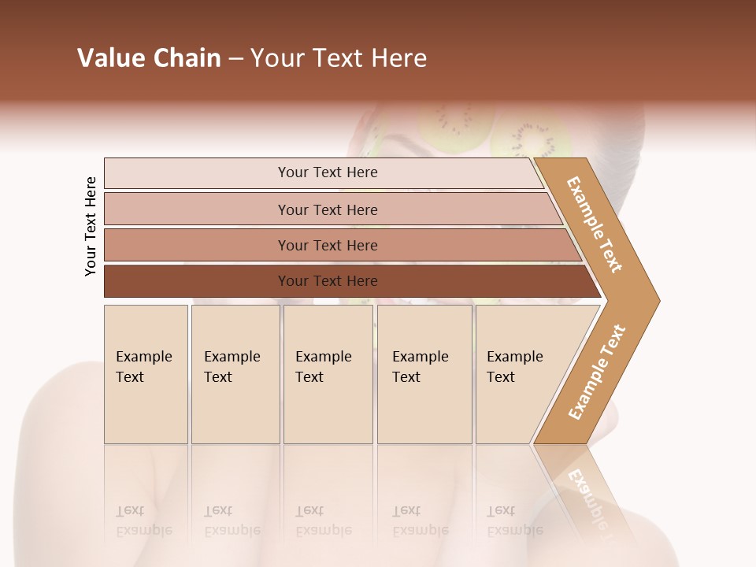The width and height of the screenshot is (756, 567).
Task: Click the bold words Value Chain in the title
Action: (x=149, y=58)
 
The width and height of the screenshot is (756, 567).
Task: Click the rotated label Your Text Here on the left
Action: (x=91, y=226)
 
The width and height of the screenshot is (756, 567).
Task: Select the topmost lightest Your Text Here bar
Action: (x=327, y=172)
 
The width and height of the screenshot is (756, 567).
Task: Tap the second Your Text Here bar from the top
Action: (x=327, y=209)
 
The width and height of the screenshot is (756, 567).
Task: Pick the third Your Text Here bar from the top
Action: (x=327, y=245)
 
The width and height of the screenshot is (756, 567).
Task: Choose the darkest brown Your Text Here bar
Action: (x=327, y=281)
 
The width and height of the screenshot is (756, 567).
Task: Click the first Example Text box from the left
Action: (x=146, y=374)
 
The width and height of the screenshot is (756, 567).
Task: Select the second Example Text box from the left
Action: (x=235, y=374)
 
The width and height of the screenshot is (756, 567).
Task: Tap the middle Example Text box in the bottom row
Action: (x=328, y=374)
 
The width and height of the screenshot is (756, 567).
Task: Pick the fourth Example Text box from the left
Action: (x=424, y=374)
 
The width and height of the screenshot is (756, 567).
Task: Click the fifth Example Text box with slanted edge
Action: (x=520, y=374)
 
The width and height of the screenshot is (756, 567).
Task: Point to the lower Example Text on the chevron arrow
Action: (x=597, y=372)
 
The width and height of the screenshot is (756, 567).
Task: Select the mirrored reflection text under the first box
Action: (x=145, y=521)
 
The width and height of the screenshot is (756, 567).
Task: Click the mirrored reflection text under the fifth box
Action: (x=515, y=521)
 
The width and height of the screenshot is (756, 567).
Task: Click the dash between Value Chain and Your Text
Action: (x=235, y=59)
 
